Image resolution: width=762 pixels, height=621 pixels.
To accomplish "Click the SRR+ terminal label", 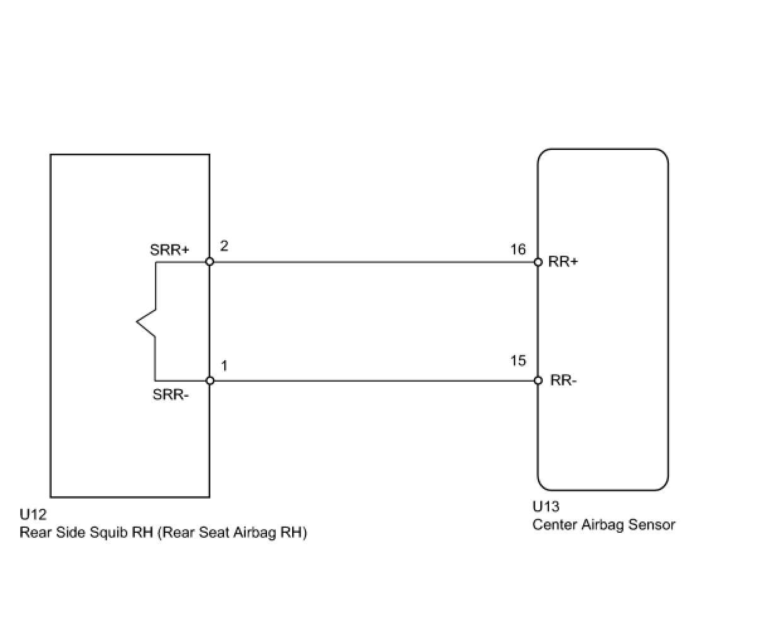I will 169,249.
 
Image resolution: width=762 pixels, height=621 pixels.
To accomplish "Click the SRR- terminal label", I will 171,395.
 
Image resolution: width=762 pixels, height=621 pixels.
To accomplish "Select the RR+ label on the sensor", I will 563,262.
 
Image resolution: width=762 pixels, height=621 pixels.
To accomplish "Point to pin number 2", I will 224,246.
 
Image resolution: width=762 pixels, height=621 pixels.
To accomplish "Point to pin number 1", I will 224,365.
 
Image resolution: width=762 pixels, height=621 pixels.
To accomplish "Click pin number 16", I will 518,249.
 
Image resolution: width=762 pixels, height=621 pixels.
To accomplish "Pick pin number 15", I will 518,361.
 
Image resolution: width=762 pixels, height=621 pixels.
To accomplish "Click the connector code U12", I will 33,515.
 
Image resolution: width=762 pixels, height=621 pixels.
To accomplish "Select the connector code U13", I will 546,507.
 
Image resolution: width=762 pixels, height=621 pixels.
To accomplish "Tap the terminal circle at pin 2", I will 210,261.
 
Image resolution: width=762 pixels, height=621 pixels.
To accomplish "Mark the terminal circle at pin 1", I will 210,380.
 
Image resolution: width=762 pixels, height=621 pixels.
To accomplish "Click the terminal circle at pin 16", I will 538,262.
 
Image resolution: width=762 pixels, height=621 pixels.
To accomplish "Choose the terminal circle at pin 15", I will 538,380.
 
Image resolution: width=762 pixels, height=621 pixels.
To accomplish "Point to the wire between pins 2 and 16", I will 373,262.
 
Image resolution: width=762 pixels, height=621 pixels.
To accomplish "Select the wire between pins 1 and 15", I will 373,380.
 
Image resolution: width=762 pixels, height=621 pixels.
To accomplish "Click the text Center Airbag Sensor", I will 603,525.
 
